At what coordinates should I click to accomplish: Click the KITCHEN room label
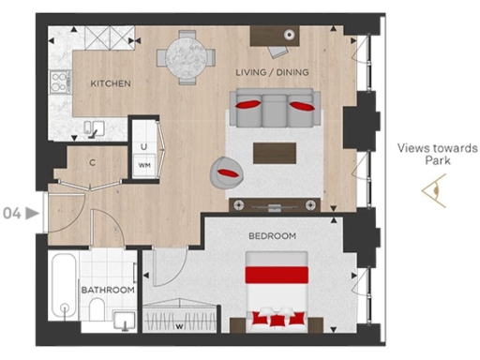pos(110,83)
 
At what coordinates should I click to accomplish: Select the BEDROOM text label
pos(272,235)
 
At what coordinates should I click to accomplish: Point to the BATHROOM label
pos(106,291)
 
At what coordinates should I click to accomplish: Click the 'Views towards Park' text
pos(424,154)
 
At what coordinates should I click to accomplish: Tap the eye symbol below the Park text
pos(433,192)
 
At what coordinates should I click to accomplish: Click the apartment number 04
pos(13,213)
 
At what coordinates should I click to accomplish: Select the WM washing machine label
pos(144,165)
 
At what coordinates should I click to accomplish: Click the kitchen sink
pos(93,127)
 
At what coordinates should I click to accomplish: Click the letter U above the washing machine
pos(144,145)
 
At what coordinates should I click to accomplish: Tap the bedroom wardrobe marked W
pos(180,315)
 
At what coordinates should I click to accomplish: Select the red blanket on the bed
pos(277,276)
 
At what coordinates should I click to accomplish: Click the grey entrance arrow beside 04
pos(33,213)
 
